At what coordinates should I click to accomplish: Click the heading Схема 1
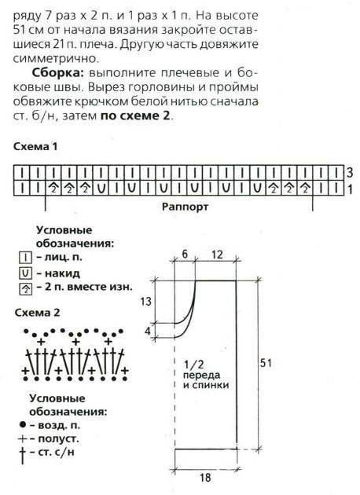coord(35,146)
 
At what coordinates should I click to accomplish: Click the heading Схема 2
coord(37,313)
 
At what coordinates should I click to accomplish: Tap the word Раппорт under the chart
coord(185,207)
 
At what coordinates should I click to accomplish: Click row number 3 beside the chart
coord(349,173)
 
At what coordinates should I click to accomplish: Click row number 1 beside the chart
coord(349,189)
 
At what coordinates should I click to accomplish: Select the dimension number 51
coord(266,363)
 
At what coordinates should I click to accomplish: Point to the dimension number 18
coord(204,477)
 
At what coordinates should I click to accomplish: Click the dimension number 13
coord(145,302)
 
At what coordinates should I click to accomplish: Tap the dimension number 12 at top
coord(217,254)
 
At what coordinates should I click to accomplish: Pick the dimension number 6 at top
coord(185,254)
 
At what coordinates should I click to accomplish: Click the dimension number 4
coord(148,332)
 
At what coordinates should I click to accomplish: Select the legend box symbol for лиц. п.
coord(26,258)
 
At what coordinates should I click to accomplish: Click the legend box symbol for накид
coord(26,273)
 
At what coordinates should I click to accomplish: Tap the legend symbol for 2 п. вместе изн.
coord(26,288)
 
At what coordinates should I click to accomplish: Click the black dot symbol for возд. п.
coord(22,425)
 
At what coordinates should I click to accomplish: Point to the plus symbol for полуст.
coord(23,438)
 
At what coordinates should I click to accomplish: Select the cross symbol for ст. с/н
coord(23,455)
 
